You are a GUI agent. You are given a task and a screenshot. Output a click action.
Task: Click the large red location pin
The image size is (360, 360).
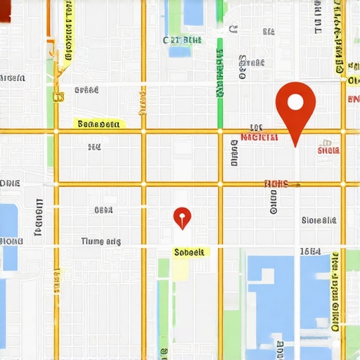point(296,105)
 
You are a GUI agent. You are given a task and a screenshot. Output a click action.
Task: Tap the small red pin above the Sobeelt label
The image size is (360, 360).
point(182,217)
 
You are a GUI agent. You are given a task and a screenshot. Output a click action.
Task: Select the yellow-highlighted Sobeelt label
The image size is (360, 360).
point(189,251)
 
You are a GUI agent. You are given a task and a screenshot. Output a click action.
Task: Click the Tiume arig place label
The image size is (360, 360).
point(101,241)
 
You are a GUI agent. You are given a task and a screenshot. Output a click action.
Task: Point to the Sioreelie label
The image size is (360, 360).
point(319,220)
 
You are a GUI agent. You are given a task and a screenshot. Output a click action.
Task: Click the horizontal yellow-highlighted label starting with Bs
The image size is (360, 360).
point(98,124)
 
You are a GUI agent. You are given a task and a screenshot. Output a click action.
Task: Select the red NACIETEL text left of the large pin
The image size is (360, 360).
point(259,137)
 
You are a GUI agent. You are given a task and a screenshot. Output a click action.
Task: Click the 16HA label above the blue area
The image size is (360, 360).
point(310,251)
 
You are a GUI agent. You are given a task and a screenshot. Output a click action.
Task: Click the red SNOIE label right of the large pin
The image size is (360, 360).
point(328,150)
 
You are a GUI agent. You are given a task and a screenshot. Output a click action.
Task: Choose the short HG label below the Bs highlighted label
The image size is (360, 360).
point(95,147)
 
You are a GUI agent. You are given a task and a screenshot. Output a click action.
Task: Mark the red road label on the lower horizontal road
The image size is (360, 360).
point(276,184)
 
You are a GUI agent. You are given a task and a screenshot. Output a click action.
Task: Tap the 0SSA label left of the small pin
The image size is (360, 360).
point(103,210)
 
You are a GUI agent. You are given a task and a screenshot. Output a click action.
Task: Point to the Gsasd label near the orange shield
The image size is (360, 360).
point(86,90)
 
